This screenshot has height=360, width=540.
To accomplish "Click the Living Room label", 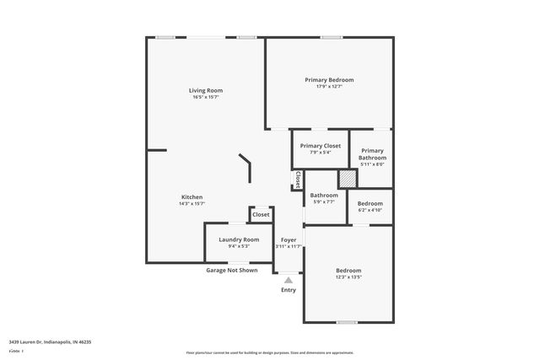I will tap(206, 90).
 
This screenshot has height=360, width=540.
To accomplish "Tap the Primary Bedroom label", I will tap(329, 80).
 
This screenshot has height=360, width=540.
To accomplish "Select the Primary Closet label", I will tap(320, 146).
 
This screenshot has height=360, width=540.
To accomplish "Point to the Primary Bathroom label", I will tap(372, 154).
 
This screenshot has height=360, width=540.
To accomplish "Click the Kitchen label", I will tap(192, 197).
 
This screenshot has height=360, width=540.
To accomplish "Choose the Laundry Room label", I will tap(239, 239).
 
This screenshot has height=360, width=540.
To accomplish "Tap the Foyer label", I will tap(289, 239).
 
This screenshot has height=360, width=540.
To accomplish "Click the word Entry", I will tap(289, 290).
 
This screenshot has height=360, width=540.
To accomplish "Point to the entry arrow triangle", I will tap(289, 280).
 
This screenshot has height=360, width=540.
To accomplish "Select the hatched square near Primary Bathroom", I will tap(347, 180).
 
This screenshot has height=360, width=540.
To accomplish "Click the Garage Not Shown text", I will tap(232, 270).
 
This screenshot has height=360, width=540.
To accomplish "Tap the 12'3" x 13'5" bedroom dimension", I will tap(348, 277).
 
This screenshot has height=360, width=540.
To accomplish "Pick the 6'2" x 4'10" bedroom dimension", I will tap(370, 209).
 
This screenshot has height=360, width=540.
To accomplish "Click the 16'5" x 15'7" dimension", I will tap(206, 97).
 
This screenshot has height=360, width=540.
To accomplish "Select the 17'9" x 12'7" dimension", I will tap(329, 86).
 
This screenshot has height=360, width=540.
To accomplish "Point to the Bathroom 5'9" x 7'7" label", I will tap(324, 199).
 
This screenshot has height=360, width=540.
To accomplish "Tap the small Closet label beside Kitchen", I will tap(262, 215).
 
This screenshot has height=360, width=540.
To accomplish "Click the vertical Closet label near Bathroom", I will tap(298, 180).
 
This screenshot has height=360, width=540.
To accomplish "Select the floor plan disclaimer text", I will tap(269, 353).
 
